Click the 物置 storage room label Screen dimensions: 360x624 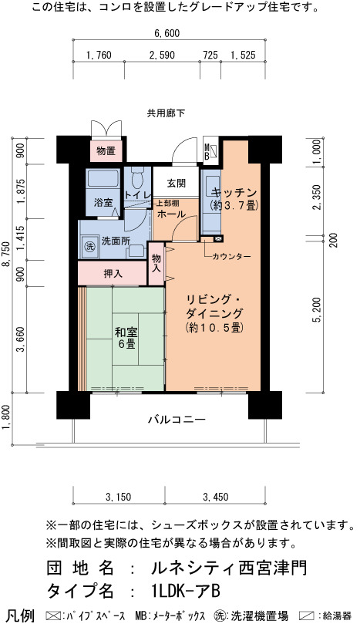pyautogui.click(x=106, y=151)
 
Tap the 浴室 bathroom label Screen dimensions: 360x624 pyautogui.click(x=103, y=203)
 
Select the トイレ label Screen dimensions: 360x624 pyautogui.click(x=138, y=195)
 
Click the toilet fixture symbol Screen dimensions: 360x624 pyautogui.click(x=137, y=177)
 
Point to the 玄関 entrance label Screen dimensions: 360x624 pyautogui.click(x=177, y=184)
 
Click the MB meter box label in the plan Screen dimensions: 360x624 pyautogui.click(x=207, y=153)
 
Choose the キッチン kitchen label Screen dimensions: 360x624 pyautogui.click(x=234, y=193)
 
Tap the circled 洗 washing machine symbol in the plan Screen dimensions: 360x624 pyautogui.click(x=90, y=246)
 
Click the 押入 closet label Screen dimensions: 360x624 pyautogui.click(x=113, y=274)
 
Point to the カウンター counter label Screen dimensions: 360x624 pyautogui.click(x=231, y=257)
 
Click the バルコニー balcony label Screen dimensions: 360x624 pyautogui.click(x=177, y=420)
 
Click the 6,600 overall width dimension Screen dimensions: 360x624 pyautogui.click(x=167, y=33)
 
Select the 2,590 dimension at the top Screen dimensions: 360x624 pyautogui.click(x=162, y=55)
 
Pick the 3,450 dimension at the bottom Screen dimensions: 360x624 pyautogui.click(x=216, y=497)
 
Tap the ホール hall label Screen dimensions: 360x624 pyautogui.click(x=171, y=214)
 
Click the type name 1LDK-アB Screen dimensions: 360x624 pyautogui.click(x=183, y=591)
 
